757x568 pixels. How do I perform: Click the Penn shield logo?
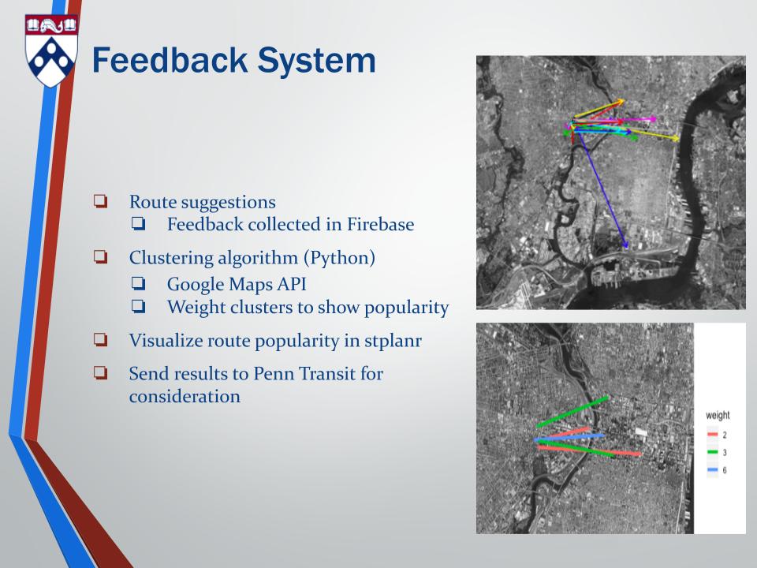pyautogui.click(x=51, y=50)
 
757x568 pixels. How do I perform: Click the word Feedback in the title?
pyautogui.click(x=170, y=61)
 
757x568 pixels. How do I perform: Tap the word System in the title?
pyautogui.click(x=316, y=62)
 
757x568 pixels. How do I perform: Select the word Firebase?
pyautogui.click(x=380, y=224)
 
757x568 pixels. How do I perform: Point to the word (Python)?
pyautogui.click(x=339, y=258)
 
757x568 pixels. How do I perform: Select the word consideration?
pyautogui.click(x=185, y=397)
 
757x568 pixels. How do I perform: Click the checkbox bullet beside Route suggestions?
pyautogui.click(x=100, y=201)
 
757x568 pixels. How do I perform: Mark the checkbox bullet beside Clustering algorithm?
pyautogui.click(x=100, y=256)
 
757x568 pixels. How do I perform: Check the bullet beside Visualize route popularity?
pyautogui.click(x=100, y=339)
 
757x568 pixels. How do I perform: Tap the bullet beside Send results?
pyautogui.click(x=100, y=372)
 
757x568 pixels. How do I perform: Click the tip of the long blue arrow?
pyautogui.click(x=627, y=248)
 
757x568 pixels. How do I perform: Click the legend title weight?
pyautogui.click(x=718, y=416)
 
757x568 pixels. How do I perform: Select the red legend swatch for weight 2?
pyautogui.click(x=713, y=435)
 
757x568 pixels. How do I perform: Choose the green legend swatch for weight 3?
pyautogui.click(x=713, y=453)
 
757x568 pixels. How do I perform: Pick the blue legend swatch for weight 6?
pyautogui.click(x=713, y=470)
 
